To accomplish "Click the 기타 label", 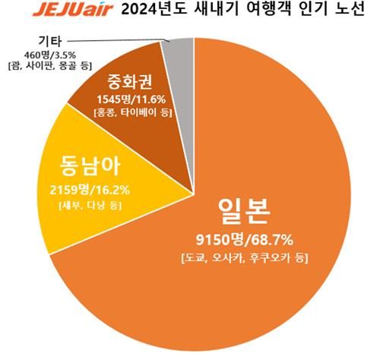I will (51, 43).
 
